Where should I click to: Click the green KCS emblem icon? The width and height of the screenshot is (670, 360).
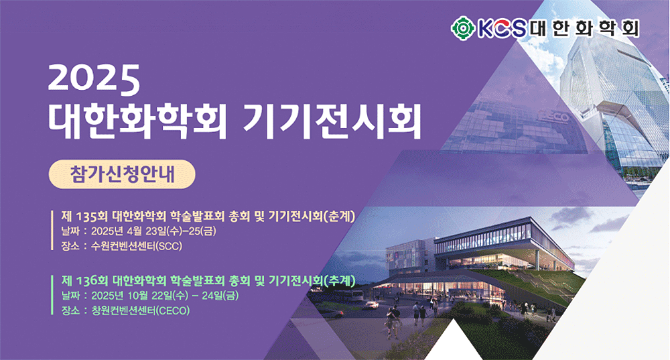tap(463, 28)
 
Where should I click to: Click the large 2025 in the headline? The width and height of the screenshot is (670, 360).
tap(94, 80)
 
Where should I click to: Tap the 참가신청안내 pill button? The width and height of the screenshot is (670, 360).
tap(122, 174)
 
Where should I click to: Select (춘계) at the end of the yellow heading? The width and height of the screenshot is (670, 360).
tap(340, 217)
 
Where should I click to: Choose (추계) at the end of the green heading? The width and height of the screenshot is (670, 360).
tap(340, 281)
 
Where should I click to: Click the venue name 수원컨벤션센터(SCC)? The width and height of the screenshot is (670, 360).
tap(137, 246)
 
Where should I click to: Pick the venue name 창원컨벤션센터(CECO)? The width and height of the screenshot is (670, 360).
tap(141, 311)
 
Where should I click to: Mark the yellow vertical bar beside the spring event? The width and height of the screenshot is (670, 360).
tap(52, 230)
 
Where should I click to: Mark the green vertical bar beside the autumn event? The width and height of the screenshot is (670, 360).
tap(52, 294)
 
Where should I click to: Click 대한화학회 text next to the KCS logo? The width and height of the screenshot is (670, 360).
tap(584, 28)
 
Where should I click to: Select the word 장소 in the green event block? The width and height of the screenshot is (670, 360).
tap(70, 311)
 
